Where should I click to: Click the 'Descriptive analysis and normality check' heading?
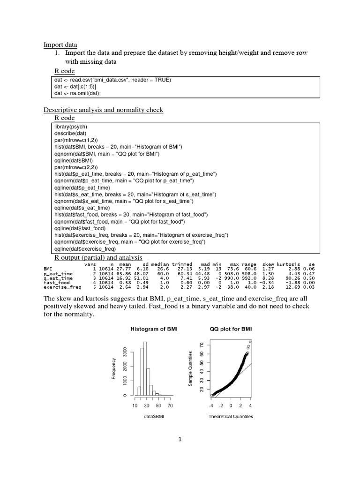[x=103, y=110]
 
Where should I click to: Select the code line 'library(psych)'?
[x=71, y=127]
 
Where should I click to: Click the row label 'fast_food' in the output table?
[x=56, y=283]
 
